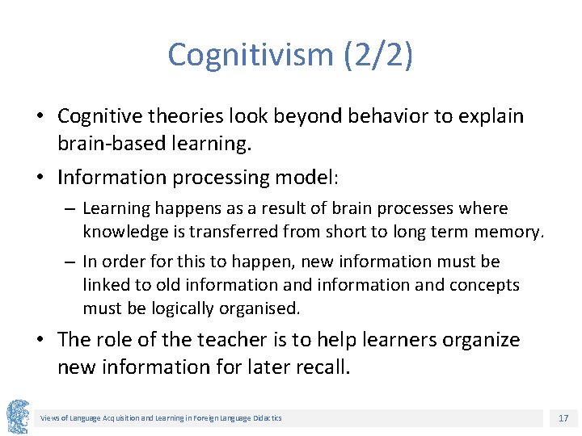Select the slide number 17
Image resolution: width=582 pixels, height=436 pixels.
tap(563, 417)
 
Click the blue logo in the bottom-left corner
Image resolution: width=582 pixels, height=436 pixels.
tap(17, 417)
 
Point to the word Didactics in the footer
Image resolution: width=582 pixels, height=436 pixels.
tap(266, 417)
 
